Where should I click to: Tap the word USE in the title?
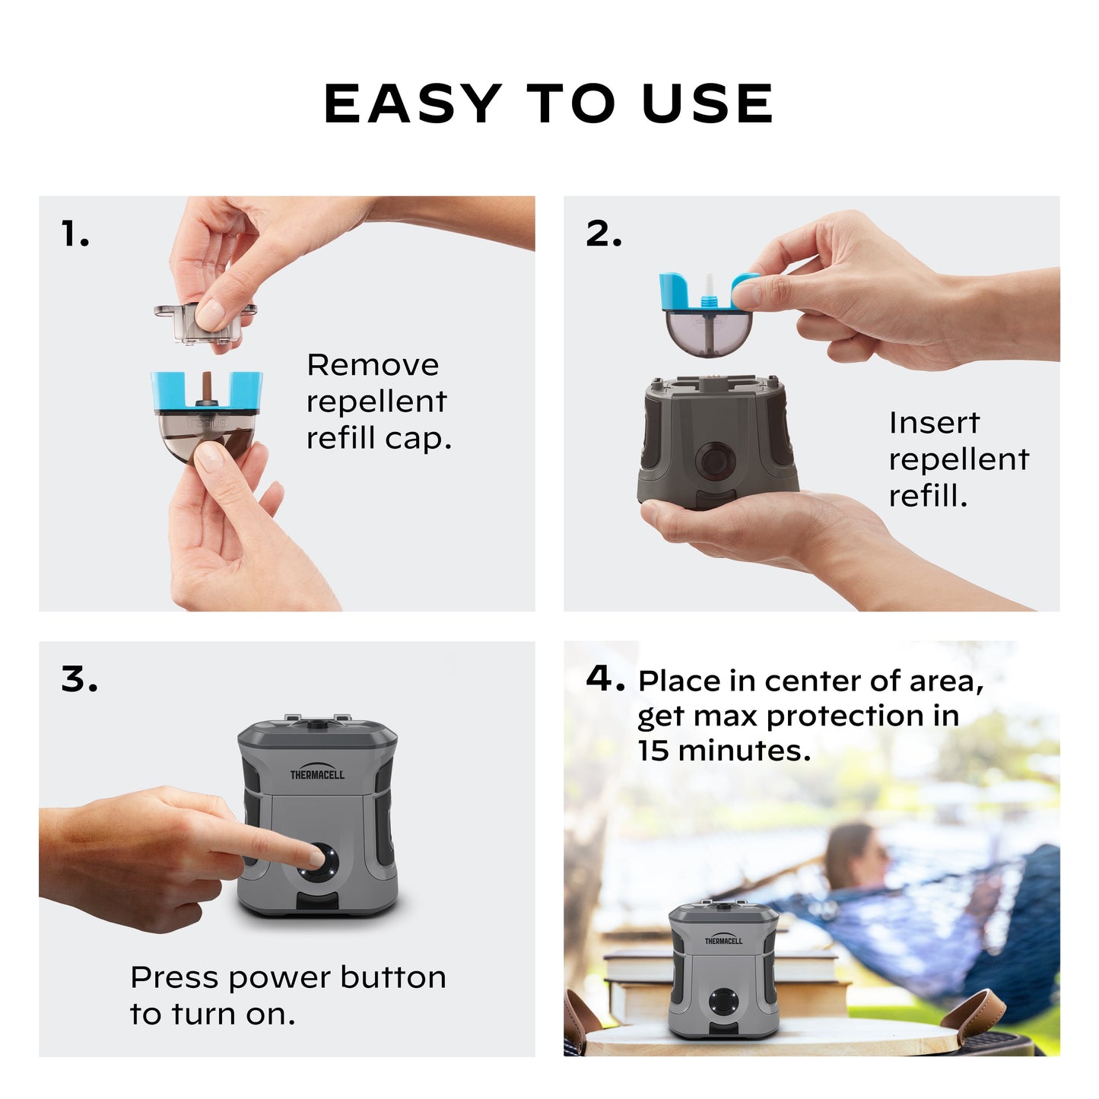707,103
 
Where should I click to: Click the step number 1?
75,234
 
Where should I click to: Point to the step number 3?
79,679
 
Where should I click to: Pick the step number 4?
604,678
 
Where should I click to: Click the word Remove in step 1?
373,365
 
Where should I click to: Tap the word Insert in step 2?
934,423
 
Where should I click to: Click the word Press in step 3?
174,977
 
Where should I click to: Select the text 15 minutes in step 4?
723,751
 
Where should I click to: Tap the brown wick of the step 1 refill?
206,387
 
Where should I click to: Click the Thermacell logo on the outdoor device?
723,940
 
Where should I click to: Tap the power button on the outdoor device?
723,1002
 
